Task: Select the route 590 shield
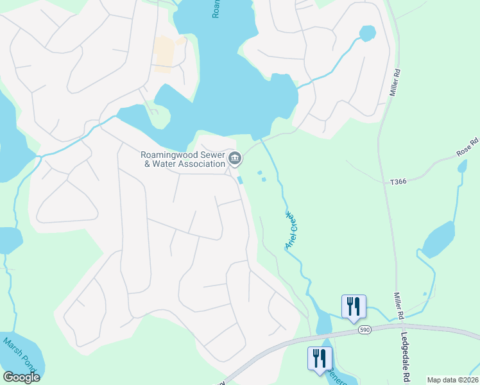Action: pyautogui.click(x=364, y=329)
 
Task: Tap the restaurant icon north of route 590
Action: pyautogui.click(x=353, y=307)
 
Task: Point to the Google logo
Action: pyautogui.click(x=21, y=377)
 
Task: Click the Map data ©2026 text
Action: pyautogui.click(x=452, y=380)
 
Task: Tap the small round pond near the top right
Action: pyautogui.click(x=367, y=33)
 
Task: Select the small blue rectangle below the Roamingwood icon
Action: pyautogui.click(x=241, y=180)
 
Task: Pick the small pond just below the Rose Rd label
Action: pyautogui.click(x=463, y=167)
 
